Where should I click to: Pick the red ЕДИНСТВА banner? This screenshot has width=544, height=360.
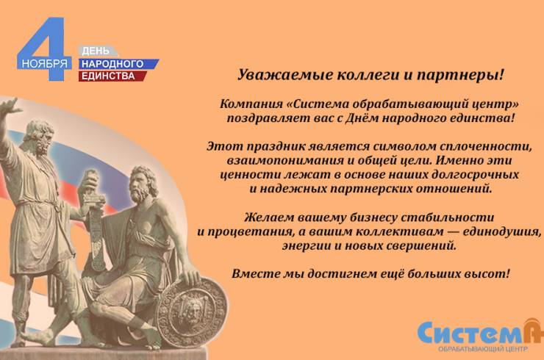[x=110, y=76]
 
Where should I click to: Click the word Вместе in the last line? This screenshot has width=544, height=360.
[x=254, y=273]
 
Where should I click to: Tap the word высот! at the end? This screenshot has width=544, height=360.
[x=488, y=273]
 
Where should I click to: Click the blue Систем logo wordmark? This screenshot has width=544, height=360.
[x=470, y=331]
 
